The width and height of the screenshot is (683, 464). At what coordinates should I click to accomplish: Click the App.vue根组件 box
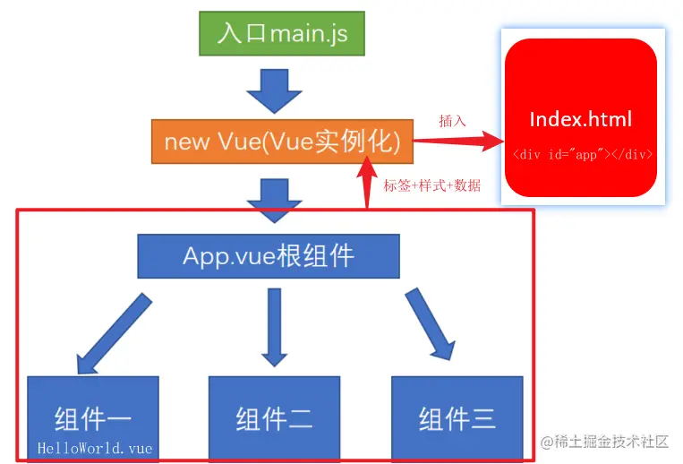coord(269,256)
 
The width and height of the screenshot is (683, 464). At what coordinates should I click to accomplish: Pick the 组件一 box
coord(93,417)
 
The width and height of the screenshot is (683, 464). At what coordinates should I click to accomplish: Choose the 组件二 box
coord(275,417)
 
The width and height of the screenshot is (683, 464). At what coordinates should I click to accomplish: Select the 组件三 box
coord(457,417)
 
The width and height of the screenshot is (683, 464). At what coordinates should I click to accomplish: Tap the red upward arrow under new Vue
coord(367,184)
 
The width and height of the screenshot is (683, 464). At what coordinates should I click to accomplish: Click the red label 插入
coord(452,120)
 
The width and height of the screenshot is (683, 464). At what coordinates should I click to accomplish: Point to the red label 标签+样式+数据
coord(432,185)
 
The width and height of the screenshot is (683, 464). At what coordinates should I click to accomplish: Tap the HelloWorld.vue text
coord(95,447)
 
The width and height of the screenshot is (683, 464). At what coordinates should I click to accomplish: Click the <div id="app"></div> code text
coord(582,154)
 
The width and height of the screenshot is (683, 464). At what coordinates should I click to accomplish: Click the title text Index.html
coord(581,119)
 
